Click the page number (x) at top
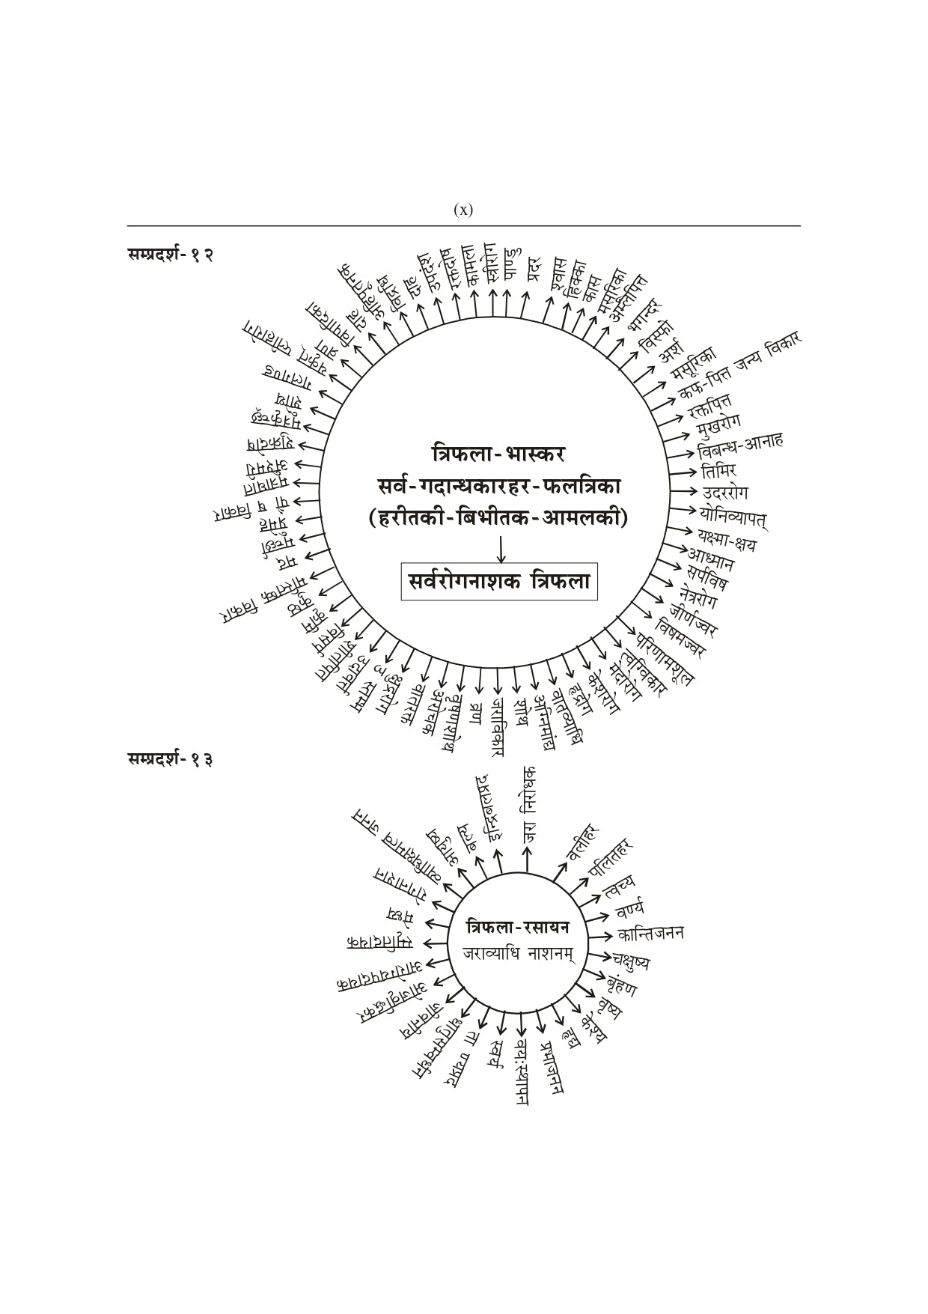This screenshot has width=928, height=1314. click(x=463, y=210)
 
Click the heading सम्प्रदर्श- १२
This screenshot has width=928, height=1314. click(x=170, y=255)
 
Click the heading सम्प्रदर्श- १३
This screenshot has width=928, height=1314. click(x=170, y=760)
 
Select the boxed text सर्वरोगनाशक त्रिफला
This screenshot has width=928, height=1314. click(x=500, y=581)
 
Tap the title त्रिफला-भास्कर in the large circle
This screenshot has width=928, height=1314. click(x=498, y=454)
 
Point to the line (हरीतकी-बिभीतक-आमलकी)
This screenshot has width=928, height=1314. click(x=498, y=518)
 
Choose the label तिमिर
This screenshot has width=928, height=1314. click(x=718, y=471)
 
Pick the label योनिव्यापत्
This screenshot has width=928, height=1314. click(x=733, y=516)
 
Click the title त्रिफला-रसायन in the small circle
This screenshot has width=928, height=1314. click(x=518, y=927)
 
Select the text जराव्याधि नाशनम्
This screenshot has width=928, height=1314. click(x=518, y=954)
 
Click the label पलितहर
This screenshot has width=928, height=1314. click(x=611, y=857)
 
